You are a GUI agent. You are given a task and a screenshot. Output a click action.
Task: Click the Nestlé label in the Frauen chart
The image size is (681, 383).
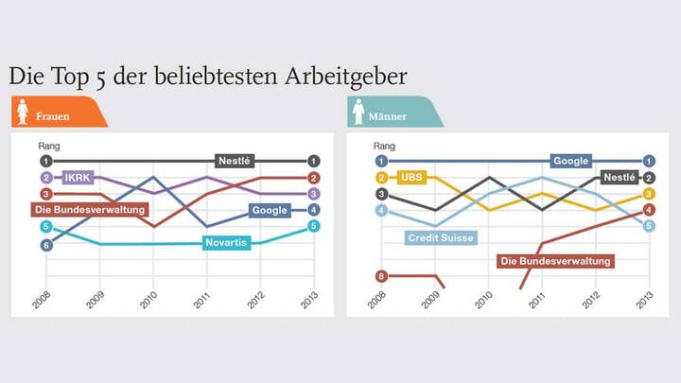234,161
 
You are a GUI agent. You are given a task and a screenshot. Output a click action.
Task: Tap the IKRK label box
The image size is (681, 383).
76,177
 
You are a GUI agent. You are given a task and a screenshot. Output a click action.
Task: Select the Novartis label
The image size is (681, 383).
228,243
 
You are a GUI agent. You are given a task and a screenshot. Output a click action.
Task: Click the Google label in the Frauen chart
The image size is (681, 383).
270,210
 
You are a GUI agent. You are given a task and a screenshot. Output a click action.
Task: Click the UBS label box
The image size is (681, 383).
411,177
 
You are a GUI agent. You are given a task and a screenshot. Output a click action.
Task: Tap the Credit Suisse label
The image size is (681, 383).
440,237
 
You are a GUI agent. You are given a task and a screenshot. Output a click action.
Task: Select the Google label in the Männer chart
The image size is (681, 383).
570,161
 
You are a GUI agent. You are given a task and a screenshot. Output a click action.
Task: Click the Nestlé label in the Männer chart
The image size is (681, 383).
619,177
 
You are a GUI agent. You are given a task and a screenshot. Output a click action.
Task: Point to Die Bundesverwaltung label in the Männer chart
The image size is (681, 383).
556,260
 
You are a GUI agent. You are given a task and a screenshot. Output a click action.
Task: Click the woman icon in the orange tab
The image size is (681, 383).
22,114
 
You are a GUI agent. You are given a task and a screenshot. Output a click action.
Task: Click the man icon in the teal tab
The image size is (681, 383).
358,114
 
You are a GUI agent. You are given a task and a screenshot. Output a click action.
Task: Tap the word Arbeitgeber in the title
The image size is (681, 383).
345,76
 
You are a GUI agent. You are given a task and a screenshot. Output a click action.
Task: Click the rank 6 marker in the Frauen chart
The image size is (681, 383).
45,245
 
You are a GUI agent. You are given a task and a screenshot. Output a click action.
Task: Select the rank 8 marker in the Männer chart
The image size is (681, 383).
381,276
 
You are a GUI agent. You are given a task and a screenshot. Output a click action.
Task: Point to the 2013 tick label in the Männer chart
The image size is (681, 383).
647,299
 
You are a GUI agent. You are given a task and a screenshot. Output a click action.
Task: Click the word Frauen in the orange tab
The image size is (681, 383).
53,115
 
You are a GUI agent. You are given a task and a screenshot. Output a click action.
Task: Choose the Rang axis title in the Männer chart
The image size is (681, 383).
386,146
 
